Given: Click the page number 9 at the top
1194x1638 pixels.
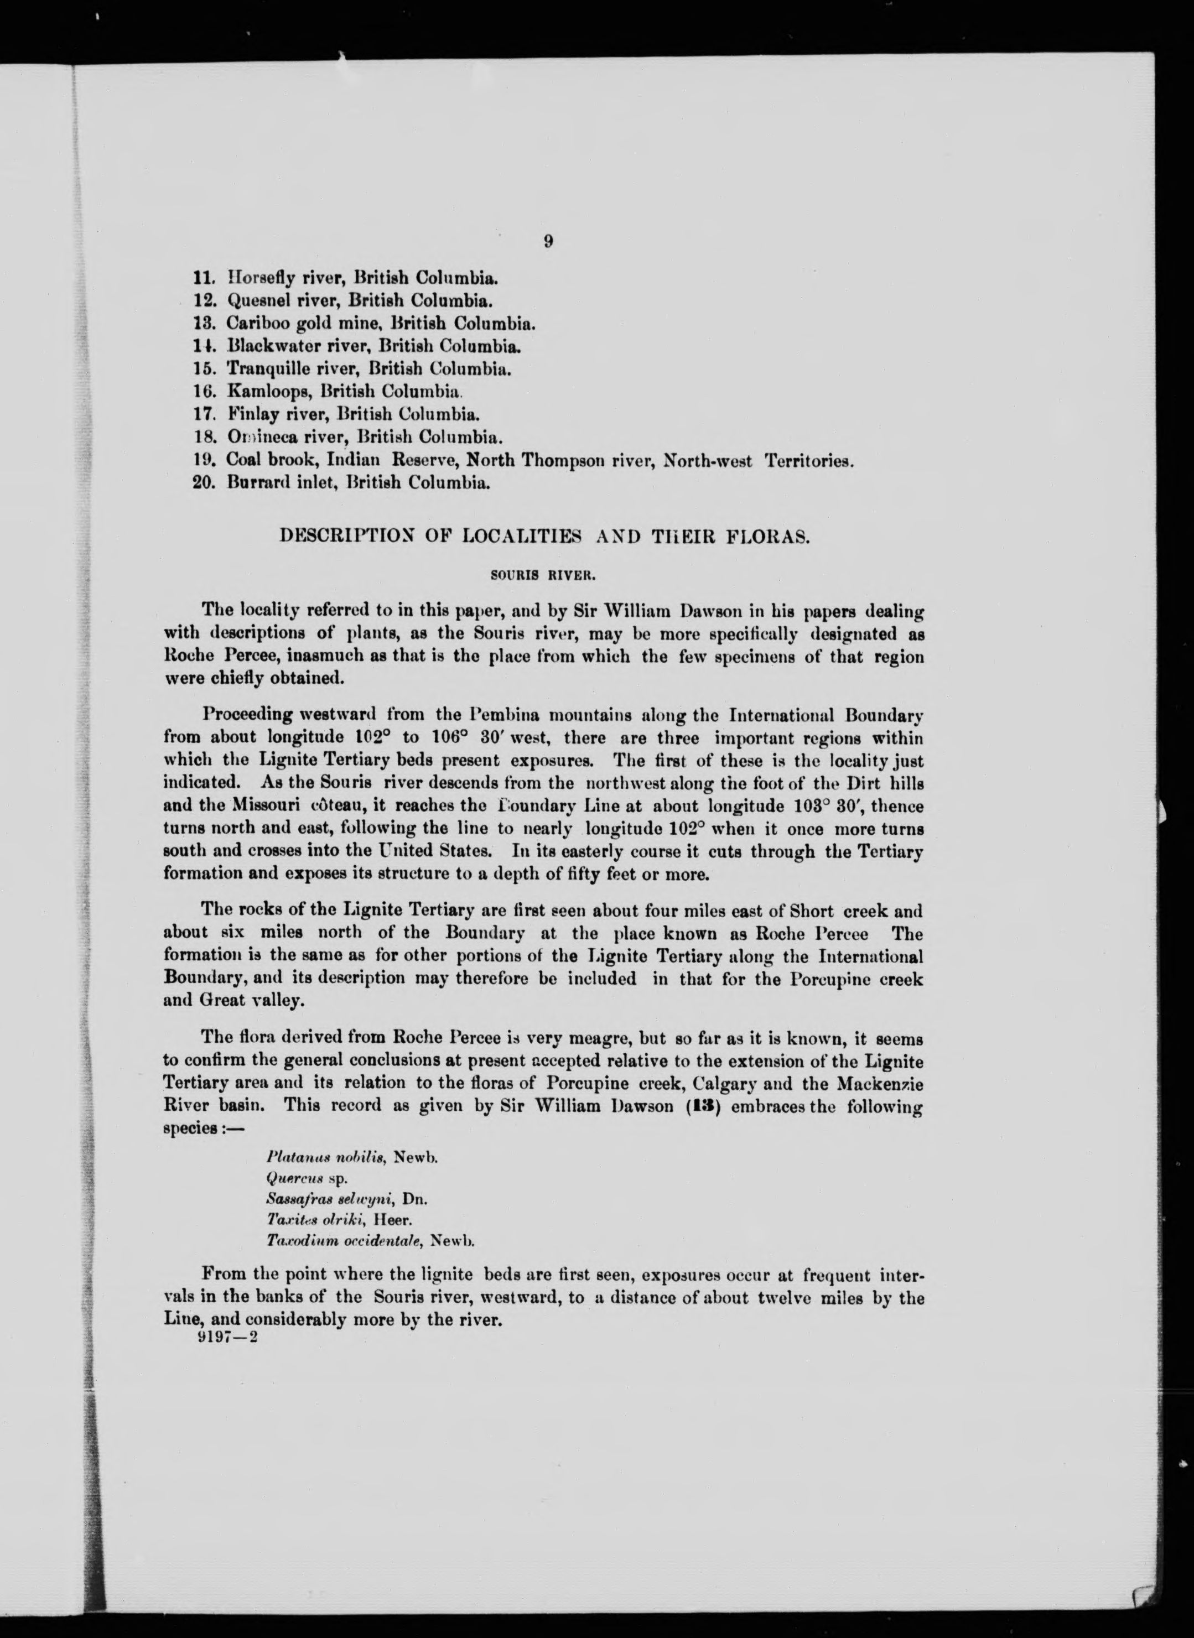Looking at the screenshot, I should (548, 241).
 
